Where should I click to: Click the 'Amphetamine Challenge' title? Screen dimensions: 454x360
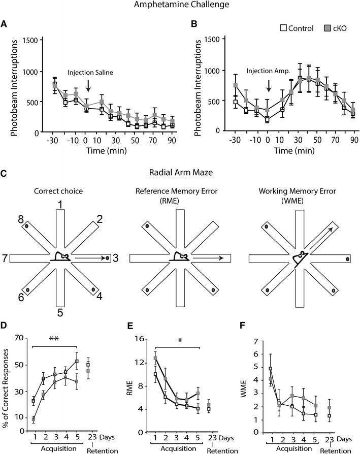(180, 6)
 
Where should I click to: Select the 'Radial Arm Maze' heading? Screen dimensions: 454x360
(180, 172)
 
